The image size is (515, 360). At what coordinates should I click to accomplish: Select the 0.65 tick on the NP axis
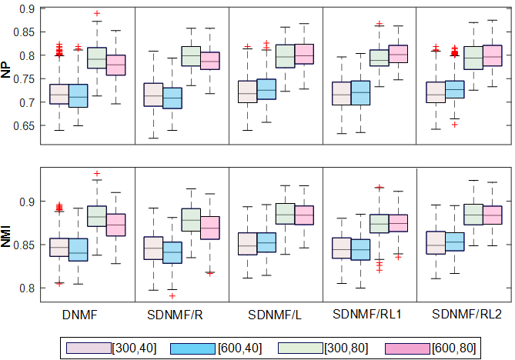pyautogui.click(x=22, y=125)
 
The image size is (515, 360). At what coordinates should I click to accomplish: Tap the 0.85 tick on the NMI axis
pyautogui.click(x=22, y=245)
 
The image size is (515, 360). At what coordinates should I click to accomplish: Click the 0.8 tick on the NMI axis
pyautogui.click(x=25, y=288)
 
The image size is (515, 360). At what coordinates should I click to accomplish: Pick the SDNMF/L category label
pyautogui.click(x=275, y=315)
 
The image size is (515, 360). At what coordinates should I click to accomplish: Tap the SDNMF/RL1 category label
pyautogui.click(x=369, y=315)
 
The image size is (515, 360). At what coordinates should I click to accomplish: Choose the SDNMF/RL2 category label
pyautogui.click(x=463, y=315)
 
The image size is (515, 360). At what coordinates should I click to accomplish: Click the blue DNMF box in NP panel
pyautogui.click(x=79, y=96)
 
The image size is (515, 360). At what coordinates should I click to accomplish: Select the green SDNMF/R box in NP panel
pyautogui.click(x=191, y=56)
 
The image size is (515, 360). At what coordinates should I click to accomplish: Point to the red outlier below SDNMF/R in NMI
pyautogui.click(x=172, y=295)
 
